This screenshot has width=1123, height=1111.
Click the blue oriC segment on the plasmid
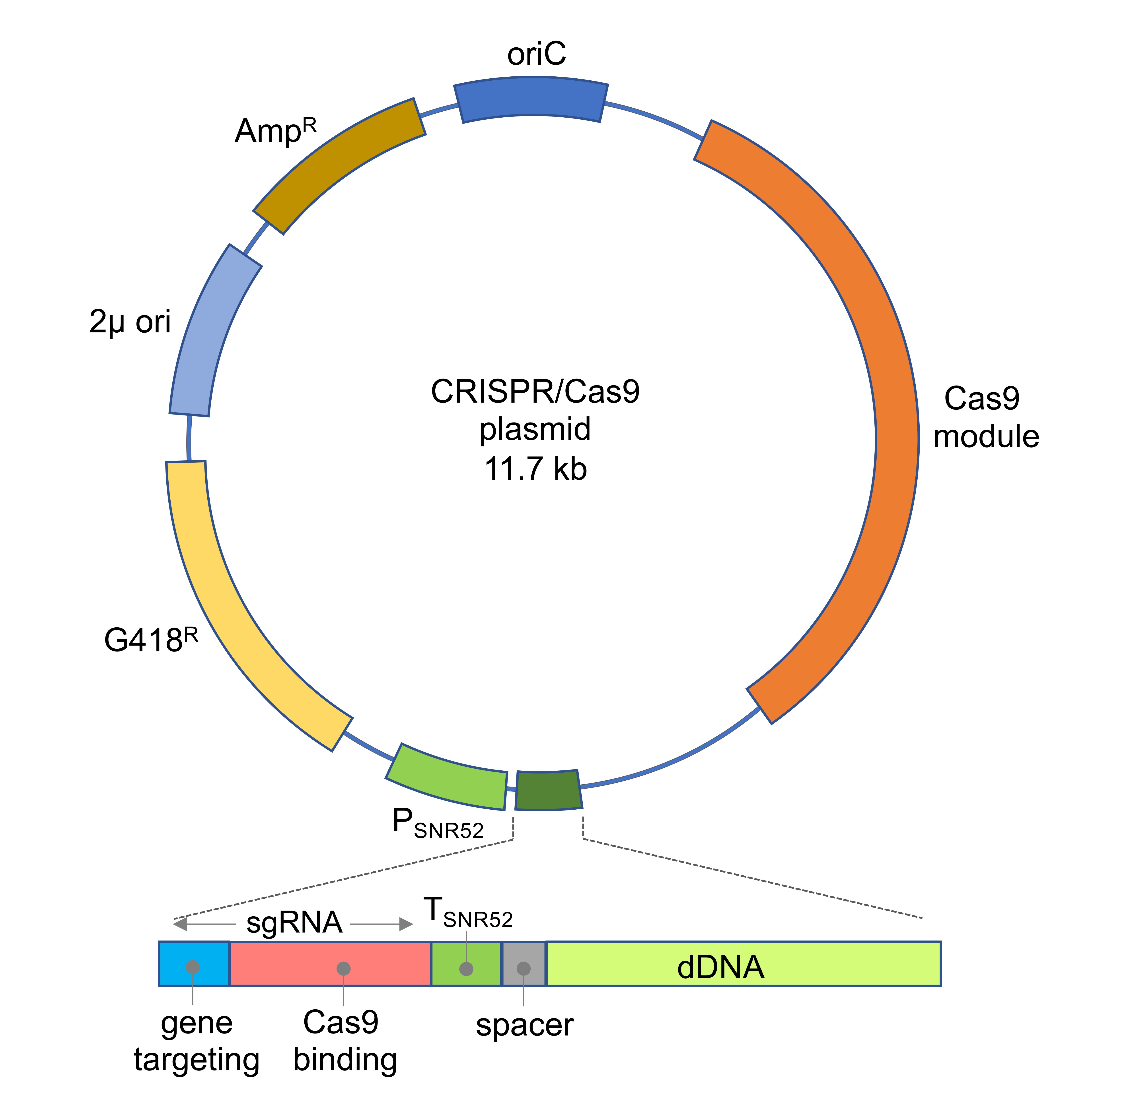tap(531, 99)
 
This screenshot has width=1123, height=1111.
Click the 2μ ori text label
tap(130, 321)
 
